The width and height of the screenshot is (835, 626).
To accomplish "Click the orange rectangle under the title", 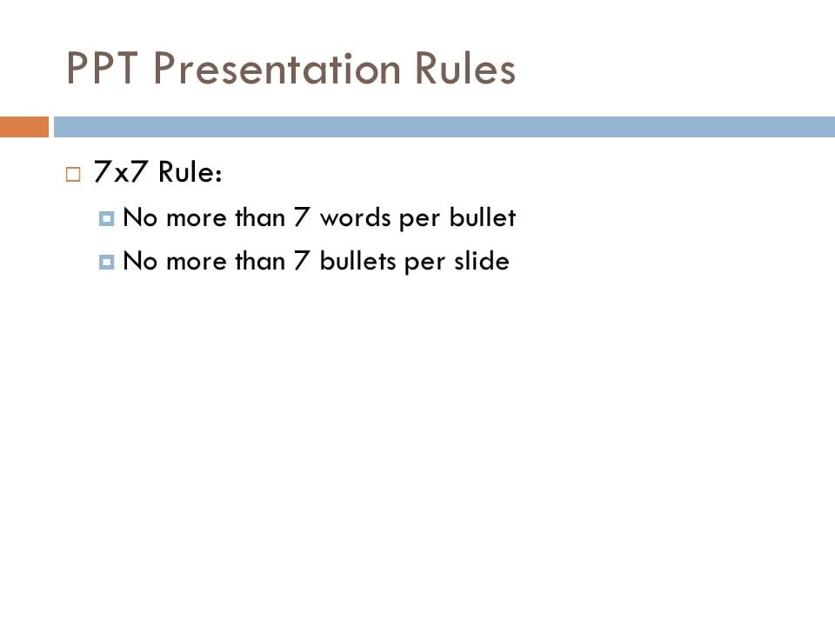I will [24, 127].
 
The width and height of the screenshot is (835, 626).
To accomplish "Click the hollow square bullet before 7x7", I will [73, 174].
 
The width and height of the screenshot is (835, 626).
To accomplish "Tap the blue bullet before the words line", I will [107, 219].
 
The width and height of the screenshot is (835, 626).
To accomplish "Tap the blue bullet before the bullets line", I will [107, 261].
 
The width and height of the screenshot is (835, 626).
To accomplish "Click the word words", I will [356, 218].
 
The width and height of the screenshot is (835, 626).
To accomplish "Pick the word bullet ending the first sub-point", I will [482, 218].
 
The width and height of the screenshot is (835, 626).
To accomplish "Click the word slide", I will [479, 260].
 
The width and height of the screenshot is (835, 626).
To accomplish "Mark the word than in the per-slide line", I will [259, 260].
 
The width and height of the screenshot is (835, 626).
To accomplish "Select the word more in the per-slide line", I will [196, 260].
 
